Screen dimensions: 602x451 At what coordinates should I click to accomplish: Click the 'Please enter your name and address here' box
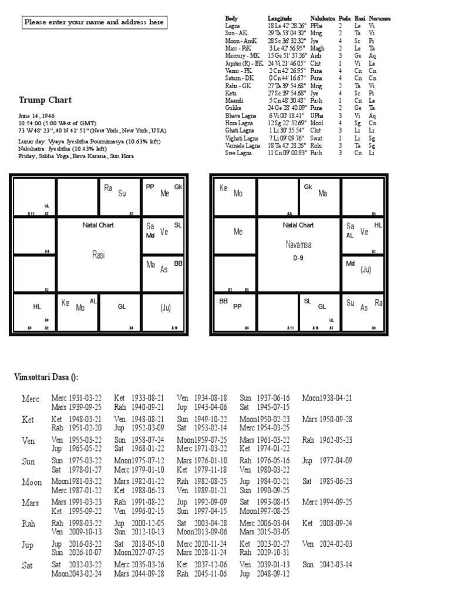point(94,23)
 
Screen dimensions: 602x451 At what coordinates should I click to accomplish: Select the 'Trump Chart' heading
point(45,100)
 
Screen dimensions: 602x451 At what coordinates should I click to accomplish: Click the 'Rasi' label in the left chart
point(98,254)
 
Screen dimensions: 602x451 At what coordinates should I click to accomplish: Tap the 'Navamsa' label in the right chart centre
point(298,245)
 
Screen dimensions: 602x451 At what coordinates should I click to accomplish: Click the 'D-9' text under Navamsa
point(298,257)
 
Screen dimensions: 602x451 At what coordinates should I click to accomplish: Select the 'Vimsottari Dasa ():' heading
point(46,377)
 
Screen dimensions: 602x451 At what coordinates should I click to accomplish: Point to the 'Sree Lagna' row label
point(238,153)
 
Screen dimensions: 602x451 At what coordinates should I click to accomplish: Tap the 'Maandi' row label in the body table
point(234,100)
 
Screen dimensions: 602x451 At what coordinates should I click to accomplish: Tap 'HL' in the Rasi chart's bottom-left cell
point(37,307)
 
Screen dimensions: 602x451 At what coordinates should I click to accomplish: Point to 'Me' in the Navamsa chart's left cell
point(238,232)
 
